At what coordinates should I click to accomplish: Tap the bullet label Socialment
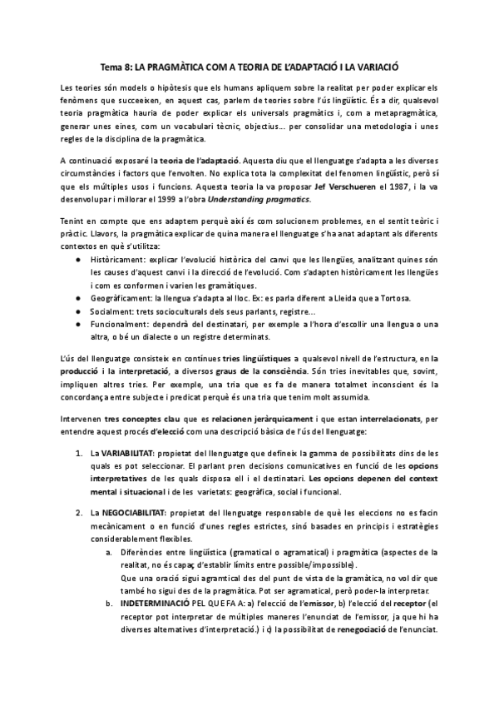pos(112,311)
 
